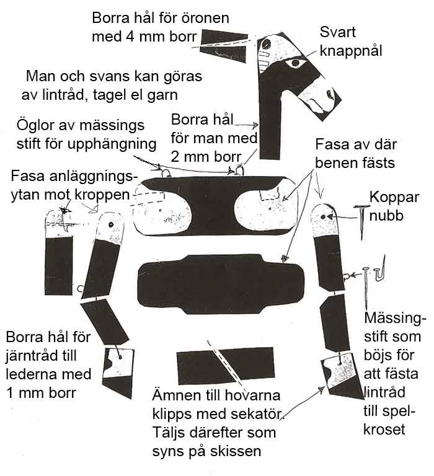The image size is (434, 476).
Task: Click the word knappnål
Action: pos(351,51)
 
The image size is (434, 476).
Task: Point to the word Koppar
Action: pos(394,198)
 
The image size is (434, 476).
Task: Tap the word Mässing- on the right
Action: pos(396,319)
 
